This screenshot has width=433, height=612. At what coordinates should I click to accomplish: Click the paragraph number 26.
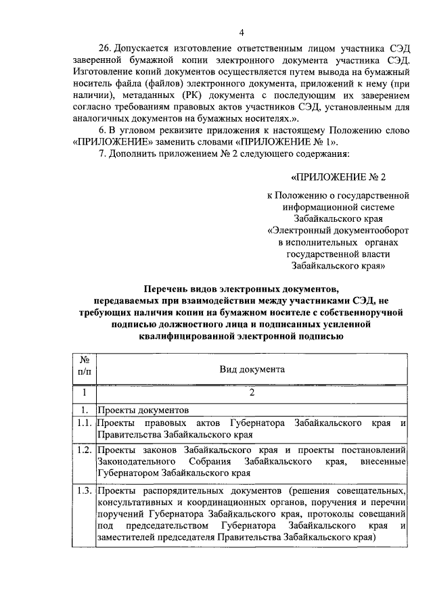pyautogui.click(x=106, y=49)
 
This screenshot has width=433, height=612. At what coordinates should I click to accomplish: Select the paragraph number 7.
pyautogui.click(x=102, y=153)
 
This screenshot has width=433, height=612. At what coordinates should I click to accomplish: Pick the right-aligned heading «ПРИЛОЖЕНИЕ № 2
pyautogui.click(x=338, y=178)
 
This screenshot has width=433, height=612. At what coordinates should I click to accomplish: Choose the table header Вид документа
pyautogui.click(x=252, y=369)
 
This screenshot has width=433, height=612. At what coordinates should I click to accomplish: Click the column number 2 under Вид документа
pyautogui.click(x=252, y=392)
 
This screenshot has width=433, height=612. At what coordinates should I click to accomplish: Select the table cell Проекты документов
pyautogui.click(x=139, y=410)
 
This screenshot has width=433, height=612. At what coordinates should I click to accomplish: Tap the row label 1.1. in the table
pyautogui.click(x=84, y=423)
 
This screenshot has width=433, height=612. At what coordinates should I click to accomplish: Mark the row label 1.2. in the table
pyautogui.click(x=84, y=450)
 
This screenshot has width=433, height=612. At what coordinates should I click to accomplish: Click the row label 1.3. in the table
pyautogui.click(x=84, y=490)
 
